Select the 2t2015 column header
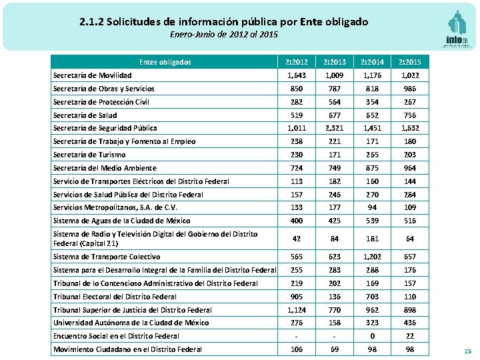[410, 62]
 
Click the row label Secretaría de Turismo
[89, 155]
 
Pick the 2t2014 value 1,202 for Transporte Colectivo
[371, 257]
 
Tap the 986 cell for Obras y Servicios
[410, 89]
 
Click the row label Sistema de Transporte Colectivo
[106, 257]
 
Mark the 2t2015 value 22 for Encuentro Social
[410, 336]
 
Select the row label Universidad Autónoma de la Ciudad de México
[131, 323]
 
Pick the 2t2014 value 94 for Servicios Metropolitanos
[371, 207]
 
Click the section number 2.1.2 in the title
[92, 22]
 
